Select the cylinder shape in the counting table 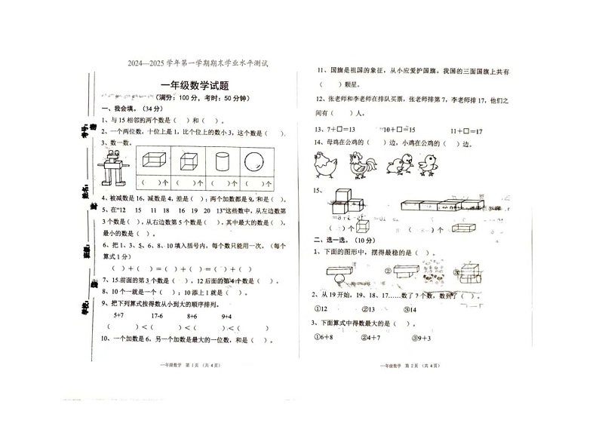(x=222, y=161)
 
